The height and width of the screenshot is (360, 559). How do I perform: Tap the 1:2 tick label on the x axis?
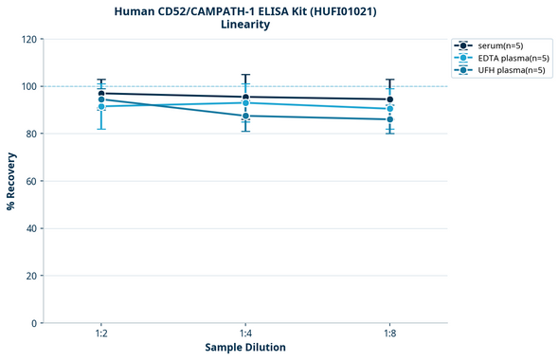(x=101, y=334)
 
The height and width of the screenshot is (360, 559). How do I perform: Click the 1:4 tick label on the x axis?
(x=245, y=334)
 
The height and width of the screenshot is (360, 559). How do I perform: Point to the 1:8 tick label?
(x=389, y=334)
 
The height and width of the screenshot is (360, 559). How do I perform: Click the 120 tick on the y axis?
(x=28, y=40)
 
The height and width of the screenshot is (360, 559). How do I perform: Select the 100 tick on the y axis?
(x=28, y=87)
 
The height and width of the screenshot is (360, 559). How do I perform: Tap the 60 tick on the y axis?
(x=31, y=181)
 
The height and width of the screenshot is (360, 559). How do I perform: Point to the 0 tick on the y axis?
(x=34, y=323)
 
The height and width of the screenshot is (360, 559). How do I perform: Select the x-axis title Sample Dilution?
(x=245, y=348)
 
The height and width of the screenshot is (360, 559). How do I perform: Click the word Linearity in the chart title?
(x=245, y=25)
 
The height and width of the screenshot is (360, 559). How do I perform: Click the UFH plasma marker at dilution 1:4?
(x=245, y=116)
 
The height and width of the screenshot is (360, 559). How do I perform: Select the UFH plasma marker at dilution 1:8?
(x=389, y=119)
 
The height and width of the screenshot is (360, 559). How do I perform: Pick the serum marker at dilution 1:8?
(x=389, y=99)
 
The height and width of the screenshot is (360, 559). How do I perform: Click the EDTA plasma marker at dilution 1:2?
(x=101, y=106)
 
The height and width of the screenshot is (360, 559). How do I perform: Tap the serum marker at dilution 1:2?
(x=101, y=94)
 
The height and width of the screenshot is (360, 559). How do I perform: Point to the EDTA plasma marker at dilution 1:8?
(x=389, y=109)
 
